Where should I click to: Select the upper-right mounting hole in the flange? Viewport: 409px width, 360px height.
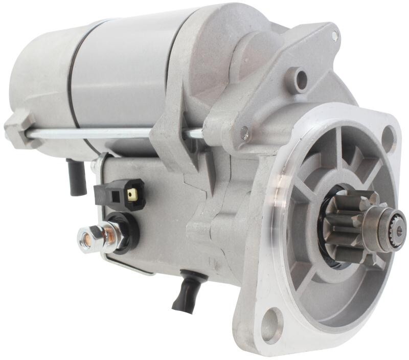[x=389, y=137]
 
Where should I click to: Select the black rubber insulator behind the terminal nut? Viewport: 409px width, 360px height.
[x=125, y=233]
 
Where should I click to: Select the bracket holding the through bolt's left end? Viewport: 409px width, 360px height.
[x=19, y=128]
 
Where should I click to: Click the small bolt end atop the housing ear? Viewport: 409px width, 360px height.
[x=334, y=35]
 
